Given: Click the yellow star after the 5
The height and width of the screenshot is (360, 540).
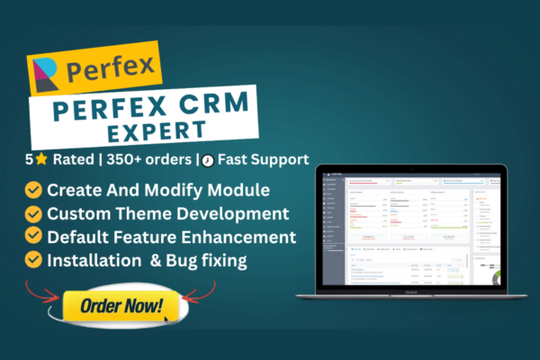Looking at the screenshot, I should tap(40, 159).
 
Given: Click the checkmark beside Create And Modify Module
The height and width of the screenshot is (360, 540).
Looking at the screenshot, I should tap(33, 191).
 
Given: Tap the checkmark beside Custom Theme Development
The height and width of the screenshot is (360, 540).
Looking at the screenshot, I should tap(33, 214).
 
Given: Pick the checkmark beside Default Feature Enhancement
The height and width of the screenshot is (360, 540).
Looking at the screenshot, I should tap(33, 238).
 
